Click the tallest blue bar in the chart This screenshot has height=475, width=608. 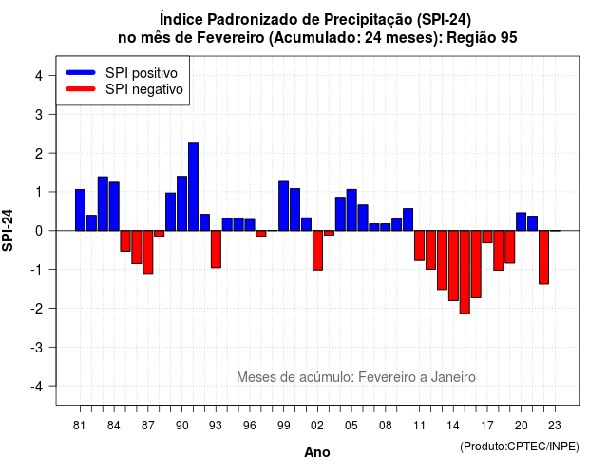pos(193,187)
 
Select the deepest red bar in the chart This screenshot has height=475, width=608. pos(465,273)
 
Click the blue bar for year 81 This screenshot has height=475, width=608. pos(80,210)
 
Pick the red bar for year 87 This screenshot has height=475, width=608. pos(148,252)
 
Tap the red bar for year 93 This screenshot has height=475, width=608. pos(216,249)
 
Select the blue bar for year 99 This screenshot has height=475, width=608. pos(283,206)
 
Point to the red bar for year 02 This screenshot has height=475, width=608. pos(317,251)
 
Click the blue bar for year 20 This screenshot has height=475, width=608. pos(522,221)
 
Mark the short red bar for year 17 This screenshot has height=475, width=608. pos(487,237)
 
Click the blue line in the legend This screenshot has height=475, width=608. pos(81,72)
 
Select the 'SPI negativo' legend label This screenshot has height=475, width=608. pos(144,89)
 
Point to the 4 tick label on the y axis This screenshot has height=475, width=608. pos(39,76)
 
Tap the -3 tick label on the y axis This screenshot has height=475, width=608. pos(36,348)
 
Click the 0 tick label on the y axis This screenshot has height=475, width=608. pos(39,231)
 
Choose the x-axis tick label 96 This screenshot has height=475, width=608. pos(250,426)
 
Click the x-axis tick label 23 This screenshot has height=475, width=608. pos(555,426)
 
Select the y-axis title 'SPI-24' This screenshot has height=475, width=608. pos(8,230)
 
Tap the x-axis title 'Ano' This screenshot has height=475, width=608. pos(317,452)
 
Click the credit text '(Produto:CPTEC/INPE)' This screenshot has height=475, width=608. pos(520,446)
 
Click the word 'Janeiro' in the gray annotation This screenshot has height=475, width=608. pos(453,377)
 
